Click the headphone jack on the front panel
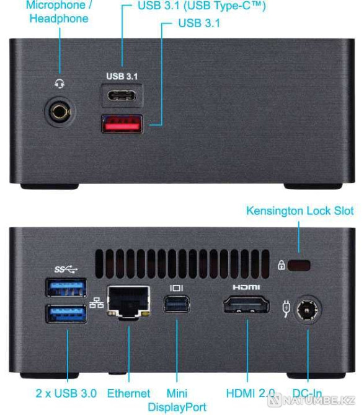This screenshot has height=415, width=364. pyautogui.click(x=60, y=112)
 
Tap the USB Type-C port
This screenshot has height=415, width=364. pyautogui.click(x=122, y=95)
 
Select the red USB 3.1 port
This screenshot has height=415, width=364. pyautogui.click(x=122, y=124)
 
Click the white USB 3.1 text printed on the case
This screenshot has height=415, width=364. pyautogui.click(x=122, y=76)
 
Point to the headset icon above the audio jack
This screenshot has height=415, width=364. pyautogui.click(x=60, y=84)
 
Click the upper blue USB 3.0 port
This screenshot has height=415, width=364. pyautogui.click(x=66, y=287)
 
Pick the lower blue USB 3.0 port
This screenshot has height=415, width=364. pyautogui.click(x=66, y=313)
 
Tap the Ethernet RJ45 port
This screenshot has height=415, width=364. pyautogui.click(x=128, y=302)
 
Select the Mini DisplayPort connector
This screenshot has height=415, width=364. pyautogui.click(x=177, y=304)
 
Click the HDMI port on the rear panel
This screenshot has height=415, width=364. pyautogui.click(x=247, y=305)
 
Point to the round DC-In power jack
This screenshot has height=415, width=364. pyautogui.click(x=308, y=309)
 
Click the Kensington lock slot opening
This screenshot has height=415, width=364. pyautogui.click(x=299, y=266)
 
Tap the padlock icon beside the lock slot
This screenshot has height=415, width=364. pyautogui.click(x=282, y=265)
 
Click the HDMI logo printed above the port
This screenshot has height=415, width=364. pyautogui.click(x=246, y=287)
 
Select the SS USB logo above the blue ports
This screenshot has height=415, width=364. pyautogui.click(x=66, y=269)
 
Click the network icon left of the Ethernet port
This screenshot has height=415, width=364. pyautogui.click(x=97, y=303)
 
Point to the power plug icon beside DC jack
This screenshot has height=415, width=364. pyautogui.click(x=286, y=308)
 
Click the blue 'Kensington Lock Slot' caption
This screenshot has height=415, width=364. pyautogui.click(x=300, y=211)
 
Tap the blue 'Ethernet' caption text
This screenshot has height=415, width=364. pyautogui.click(x=129, y=393)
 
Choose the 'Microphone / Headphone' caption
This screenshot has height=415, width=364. pyautogui.click(x=59, y=12)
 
